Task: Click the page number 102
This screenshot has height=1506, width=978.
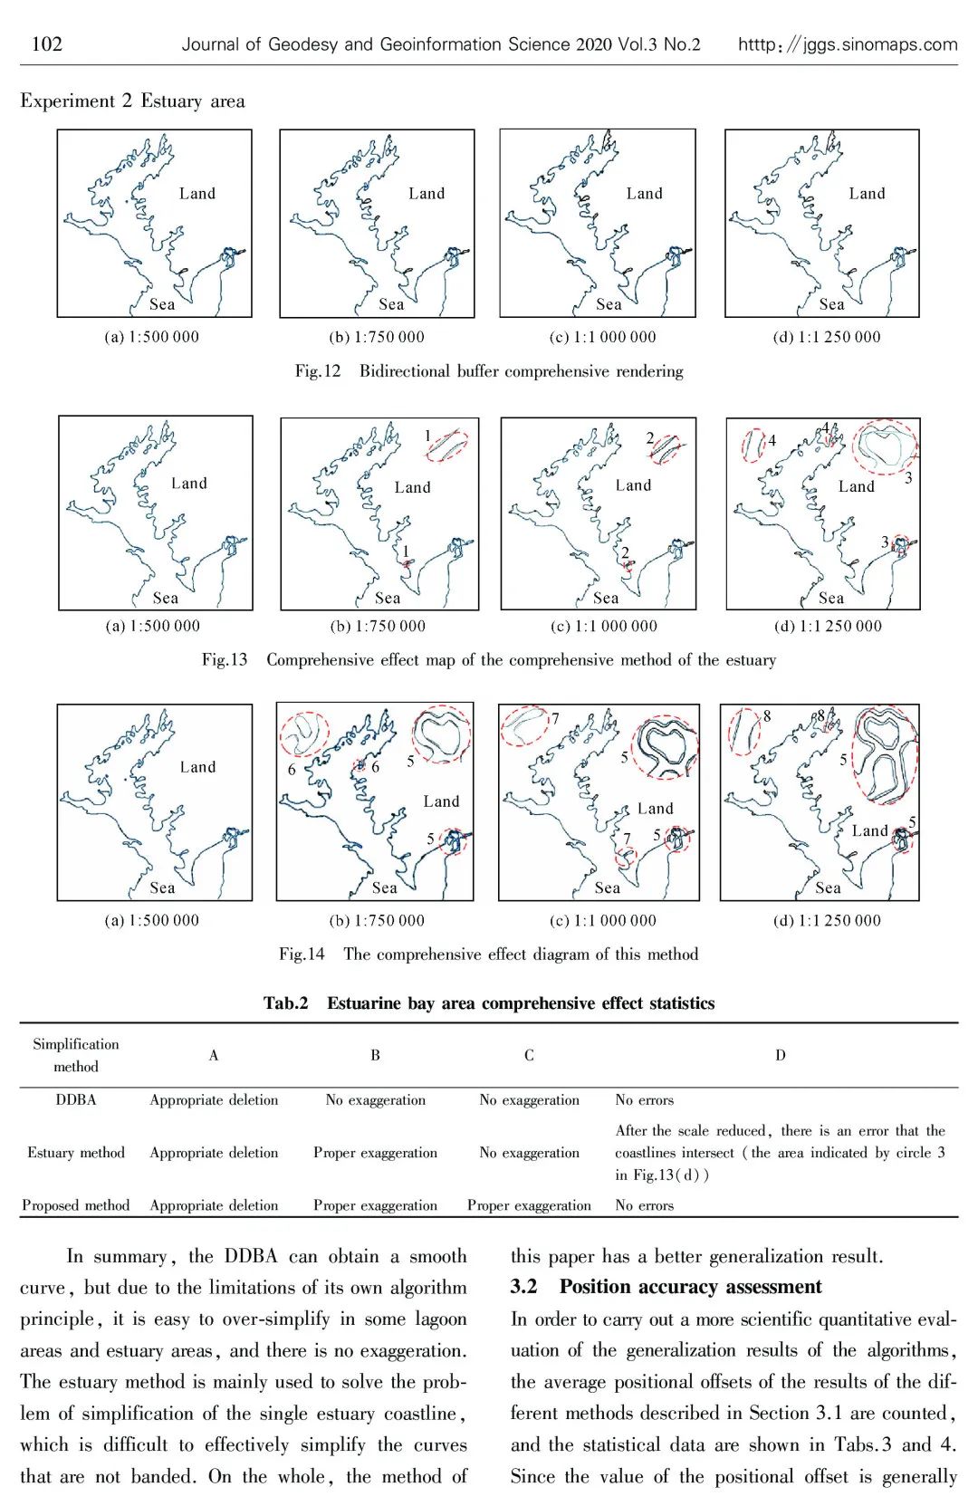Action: [x=46, y=43]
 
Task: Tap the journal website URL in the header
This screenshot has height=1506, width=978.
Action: [x=847, y=44]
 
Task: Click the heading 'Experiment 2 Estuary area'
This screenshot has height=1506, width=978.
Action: [x=132, y=101]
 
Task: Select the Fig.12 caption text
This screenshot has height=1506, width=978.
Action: [x=489, y=371]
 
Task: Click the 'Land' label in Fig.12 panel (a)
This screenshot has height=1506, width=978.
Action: [x=197, y=193]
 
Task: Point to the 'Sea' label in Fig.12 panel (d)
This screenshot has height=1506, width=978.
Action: [x=831, y=304]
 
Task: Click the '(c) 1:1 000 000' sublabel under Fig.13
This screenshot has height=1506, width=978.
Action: [x=603, y=626]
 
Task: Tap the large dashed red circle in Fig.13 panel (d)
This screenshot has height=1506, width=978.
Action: [x=886, y=447]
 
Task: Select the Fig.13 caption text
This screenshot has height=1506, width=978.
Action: [x=489, y=660]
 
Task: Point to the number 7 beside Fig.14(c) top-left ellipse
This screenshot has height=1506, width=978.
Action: [x=555, y=719]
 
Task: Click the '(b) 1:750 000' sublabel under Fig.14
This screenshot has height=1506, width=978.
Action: [x=377, y=920]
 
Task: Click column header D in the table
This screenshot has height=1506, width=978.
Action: [x=780, y=1055]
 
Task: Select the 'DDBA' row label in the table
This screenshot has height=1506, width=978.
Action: [x=76, y=1099]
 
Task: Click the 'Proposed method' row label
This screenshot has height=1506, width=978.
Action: [x=76, y=1205]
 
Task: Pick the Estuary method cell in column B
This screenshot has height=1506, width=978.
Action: [x=375, y=1153]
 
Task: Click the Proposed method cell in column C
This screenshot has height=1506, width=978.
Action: [x=529, y=1205]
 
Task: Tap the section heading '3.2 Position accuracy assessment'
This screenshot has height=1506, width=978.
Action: [x=666, y=1287]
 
